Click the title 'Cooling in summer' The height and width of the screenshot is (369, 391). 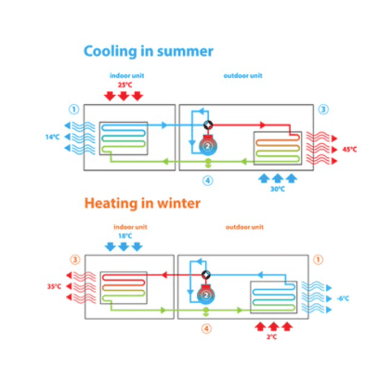(x=149, y=51)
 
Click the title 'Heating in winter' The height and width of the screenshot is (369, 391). (x=142, y=204)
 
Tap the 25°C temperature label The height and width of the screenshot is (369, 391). (x=124, y=85)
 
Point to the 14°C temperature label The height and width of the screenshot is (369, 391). (x=52, y=137)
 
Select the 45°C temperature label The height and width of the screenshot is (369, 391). (x=349, y=150)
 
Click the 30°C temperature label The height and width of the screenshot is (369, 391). (x=278, y=189)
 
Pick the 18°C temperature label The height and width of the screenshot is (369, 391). (x=125, y=236)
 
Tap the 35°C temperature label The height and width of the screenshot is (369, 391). (x=54, y=286)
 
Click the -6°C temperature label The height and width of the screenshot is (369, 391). (x=343, y=298)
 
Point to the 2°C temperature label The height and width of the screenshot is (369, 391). (x=272, y=336)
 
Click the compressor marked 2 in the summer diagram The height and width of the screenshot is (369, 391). (x=208, y=145)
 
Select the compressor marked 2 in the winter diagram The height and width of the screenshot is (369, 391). (x=206, y=295)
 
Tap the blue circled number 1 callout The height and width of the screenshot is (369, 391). (x=74, y=110)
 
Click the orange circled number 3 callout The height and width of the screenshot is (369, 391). (x=75, y=259)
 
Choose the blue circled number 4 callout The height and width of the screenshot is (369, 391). (x=208, y=180)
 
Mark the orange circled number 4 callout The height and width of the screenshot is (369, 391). (x=206, y=328)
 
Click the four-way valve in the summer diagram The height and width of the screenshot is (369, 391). (x=208, y=125)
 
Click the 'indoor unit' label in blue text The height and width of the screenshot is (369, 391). (x=127, y=75)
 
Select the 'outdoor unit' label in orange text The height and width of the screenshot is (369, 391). (x=244, y=227)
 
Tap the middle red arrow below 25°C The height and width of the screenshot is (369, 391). (x=124, y=96)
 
